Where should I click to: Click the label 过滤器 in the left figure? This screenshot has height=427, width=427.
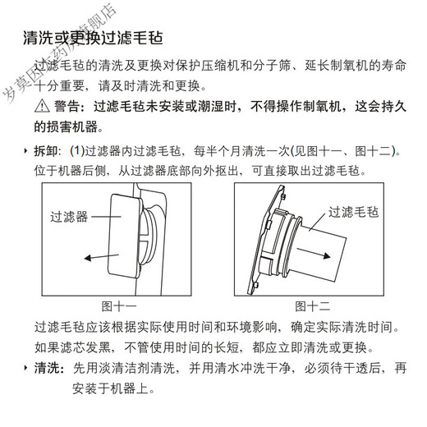pyautogui.click(x=70, y=217)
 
